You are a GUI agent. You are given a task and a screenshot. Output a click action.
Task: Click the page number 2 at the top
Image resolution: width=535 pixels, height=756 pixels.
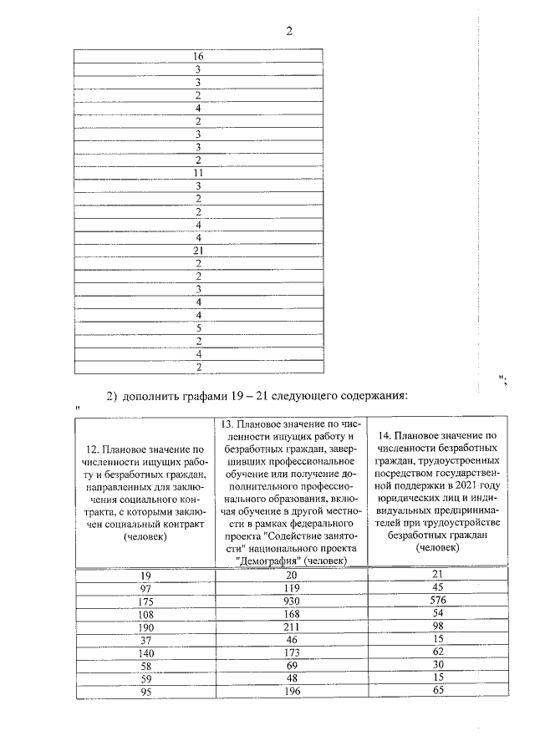click(x=289, y=33)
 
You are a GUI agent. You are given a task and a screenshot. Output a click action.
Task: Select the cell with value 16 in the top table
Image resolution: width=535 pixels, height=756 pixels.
click(x=199, y=57)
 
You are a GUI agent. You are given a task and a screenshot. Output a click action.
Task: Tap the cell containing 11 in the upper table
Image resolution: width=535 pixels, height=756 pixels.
click(x=199, y=173)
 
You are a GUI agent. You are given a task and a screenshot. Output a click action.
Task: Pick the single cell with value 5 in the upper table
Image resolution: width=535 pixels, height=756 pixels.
click(x=199, y=328)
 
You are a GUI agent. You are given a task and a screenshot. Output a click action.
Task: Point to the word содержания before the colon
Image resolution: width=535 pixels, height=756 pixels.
click(x=363, y=394)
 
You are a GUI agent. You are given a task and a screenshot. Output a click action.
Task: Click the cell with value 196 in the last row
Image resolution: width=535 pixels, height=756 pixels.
click(x=291, y=692)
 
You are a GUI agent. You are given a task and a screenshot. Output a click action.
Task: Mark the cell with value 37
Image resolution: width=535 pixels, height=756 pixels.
click(x=145, y=640)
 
